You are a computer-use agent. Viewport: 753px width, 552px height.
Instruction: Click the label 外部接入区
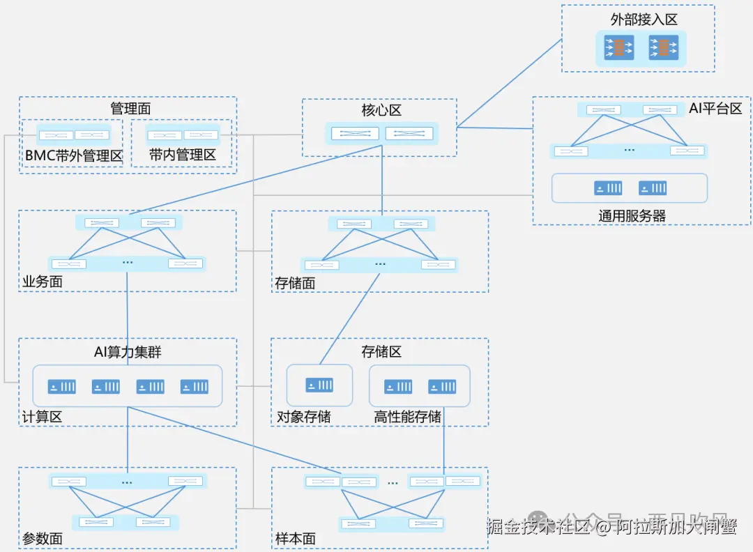pyautogui.click(x=644, y=20)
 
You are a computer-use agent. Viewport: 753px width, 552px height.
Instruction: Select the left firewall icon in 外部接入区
pyautogui.click(x=619, y=48)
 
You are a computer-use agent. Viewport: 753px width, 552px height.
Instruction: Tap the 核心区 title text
pyautogui.click(x=381, y=111)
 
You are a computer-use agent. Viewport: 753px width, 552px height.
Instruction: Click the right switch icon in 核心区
pyautogui.click(x=409, y=133)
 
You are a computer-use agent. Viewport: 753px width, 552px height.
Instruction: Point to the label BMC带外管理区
pyautogui.click(x=74, y=155)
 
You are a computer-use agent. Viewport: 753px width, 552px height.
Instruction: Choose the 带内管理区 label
pyautogui.click(x=183, y=155)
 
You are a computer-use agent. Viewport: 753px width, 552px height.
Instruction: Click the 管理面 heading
pyautogui.click(x=130, y=109)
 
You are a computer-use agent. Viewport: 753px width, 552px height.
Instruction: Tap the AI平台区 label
pyautogui.click(x=715, y=108)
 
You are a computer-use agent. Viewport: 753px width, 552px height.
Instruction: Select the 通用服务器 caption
pyautogui.click(x=632, y=216)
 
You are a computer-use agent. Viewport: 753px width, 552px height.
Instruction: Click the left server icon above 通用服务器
pyautogui.click(x=607, y=188)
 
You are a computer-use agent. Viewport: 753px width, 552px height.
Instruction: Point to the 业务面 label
pyautogui.click(x=43, y=282)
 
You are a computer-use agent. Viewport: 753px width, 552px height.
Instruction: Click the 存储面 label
pyautogui.click(x=295, y=283)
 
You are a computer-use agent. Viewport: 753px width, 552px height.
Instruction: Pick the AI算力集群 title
pyautogui.click(x=128, y=352)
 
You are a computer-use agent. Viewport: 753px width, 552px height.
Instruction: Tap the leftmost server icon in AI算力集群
pyautogui.click(x=61, y=386)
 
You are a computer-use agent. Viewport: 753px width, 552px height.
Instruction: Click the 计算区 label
pyautogui.click(x=43, y=417)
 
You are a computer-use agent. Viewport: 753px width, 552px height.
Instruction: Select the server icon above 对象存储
pyautogui.click(x=319, y=385)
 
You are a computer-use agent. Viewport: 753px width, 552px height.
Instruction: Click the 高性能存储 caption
pyautogui.click(x=407, y=417)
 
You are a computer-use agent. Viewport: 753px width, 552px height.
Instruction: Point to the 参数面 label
pyautogui.click(x=43, y=539)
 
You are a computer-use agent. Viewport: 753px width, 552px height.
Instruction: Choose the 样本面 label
pyautogui.click(x=296, y=539)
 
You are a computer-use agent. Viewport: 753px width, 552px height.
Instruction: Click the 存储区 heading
pyautogui.click(x=381, y=352)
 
